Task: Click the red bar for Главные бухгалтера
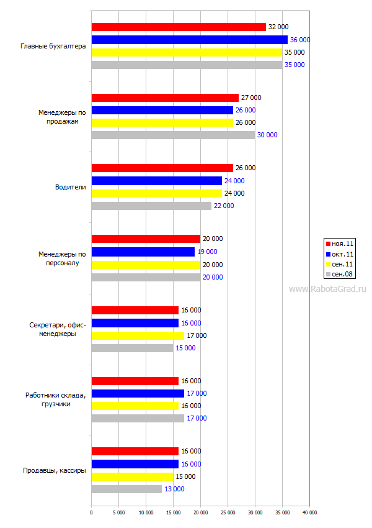click(x=179, y=27)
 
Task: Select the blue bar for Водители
click(x=156, y=181)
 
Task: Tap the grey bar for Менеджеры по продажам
click(x=173, y=135)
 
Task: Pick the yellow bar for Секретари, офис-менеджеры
click(x=138, y=335)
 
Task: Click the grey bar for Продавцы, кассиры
click(x=126, y=489)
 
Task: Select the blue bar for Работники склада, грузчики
click(x=138, y=393)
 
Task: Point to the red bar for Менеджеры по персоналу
click(x=146, y=239)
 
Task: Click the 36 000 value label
click(x=300, y=40)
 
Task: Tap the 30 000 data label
click(x=267, y=135)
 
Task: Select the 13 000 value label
click(x=174, y=489)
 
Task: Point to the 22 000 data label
click(x=224, y=206)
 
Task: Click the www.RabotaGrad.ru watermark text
click(x=328, y=289)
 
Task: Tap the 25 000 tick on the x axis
click(x=228, y=512)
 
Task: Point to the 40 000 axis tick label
click(x=309, y=512)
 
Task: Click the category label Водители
click(x=71, y=187)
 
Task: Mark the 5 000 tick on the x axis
click(x=118, y=512)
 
